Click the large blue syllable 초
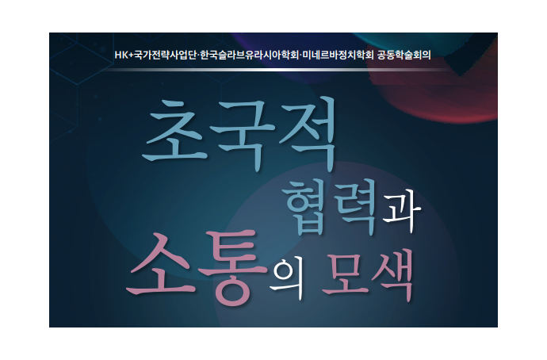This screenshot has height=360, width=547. click(174, 131)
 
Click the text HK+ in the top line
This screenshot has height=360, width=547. click(124, 56)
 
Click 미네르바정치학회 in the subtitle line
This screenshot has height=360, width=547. click(338, 56)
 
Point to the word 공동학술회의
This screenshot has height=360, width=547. click(404, 56)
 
